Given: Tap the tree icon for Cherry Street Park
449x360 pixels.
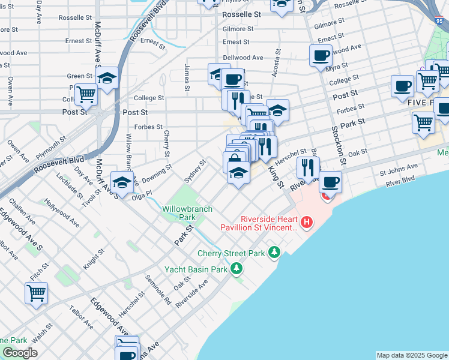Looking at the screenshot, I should click(x=274, y=252).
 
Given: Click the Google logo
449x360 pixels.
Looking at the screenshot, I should click(x=20, y=353).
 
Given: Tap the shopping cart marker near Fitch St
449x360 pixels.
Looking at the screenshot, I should click(x=37, y=293).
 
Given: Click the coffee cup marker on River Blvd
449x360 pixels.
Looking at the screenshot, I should click(x=330, y=182).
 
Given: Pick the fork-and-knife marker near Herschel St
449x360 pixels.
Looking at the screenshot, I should click(x=308, y=167).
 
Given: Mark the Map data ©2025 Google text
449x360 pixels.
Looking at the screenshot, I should click(x=412, y=355).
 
